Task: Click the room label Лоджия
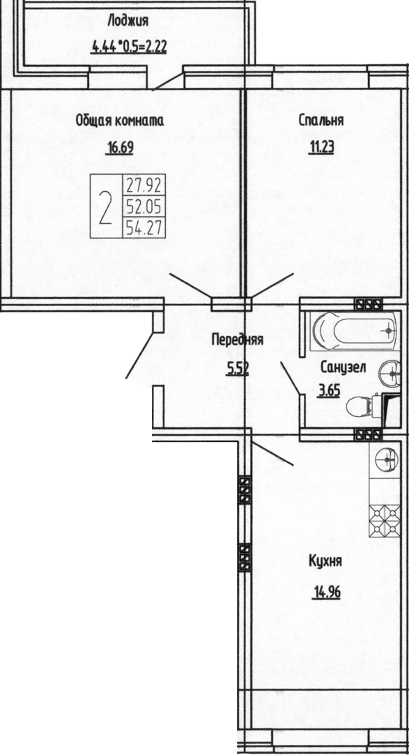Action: pos(128,22)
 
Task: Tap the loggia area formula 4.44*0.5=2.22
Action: pos(129,47)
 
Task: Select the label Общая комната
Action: pos(120,121)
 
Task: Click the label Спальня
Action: pos(321,121)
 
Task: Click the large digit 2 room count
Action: pos(106,208)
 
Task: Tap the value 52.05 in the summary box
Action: pos(144,207)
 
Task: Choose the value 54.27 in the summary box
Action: pos(144,227)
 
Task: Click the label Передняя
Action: pos(237,340)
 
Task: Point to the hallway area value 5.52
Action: pos(238,369)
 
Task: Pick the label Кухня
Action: pos(325,561)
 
